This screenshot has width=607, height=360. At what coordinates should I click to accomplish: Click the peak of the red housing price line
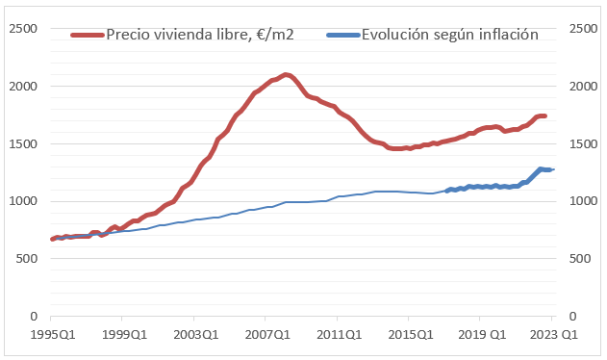pyautogui.click(x=286, y=74)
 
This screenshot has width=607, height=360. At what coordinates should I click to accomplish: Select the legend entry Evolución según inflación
pyautogui.click(x=449, y=35)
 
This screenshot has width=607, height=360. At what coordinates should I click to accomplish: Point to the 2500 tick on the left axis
pyautogui.click(x=24, y=29)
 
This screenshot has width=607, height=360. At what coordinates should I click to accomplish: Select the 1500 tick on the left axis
pyautogui.click(x=24, y=144)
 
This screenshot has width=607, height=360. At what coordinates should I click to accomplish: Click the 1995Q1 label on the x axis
pyautogui.click(x=51, y=335)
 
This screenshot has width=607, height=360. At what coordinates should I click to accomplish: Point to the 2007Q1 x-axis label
pyautogui.click(x=266, y=335)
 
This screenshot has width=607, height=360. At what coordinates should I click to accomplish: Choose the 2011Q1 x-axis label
pyautogui.click(x=337, y=335)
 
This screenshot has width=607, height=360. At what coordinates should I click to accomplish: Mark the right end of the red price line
pyautogui.click(x=545, y=116)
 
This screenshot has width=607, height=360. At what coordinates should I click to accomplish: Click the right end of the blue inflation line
pyautogui.click(x=552, y=169)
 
